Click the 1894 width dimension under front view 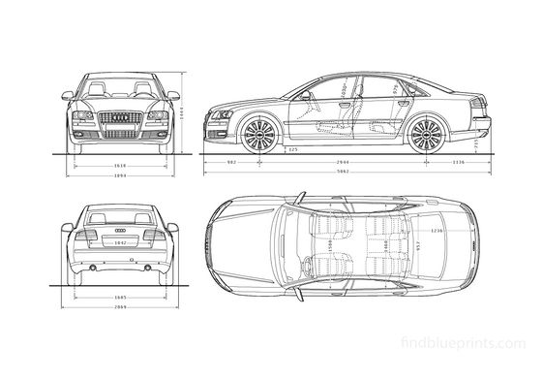click(120, 176)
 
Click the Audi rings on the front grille click(121, 116)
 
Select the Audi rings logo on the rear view click(121, 228)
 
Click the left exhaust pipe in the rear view click(92, 263)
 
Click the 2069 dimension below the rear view click(120, 305)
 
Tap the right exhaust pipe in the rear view click(149, 263)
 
